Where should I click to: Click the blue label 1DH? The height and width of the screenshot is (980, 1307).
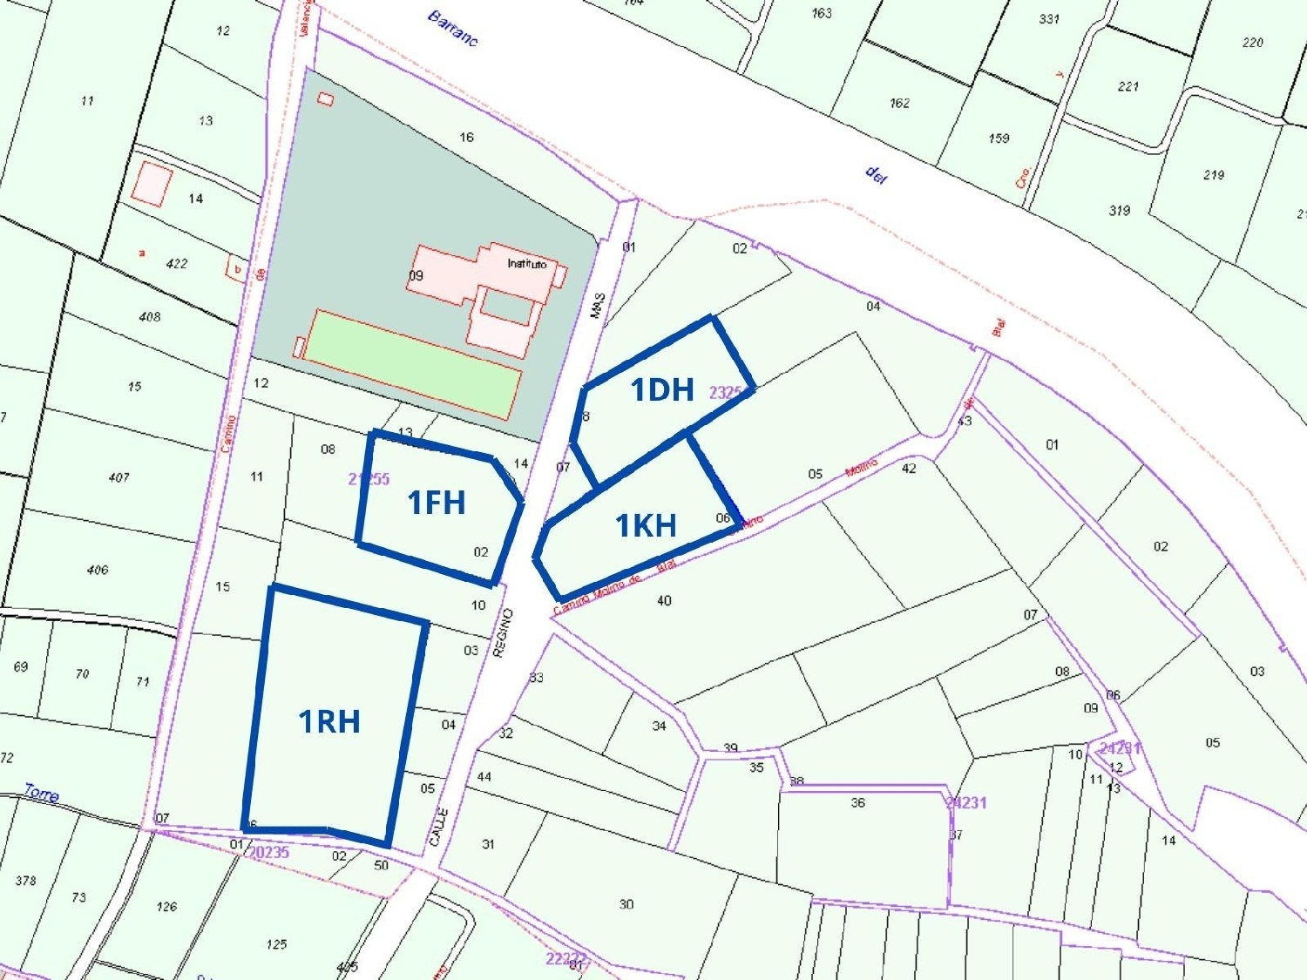(x=661, y=389)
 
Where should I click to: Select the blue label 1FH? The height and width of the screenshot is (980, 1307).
(x=436, y=503)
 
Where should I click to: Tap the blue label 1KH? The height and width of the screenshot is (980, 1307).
(x=646, y=525)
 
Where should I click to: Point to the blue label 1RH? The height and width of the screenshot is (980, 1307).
(x=329, y=721)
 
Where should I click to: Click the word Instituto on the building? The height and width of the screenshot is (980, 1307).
(x=526, y=263)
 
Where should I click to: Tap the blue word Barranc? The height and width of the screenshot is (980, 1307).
(x=453, y=28)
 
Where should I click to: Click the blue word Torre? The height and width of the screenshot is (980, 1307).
(x=41, y=793)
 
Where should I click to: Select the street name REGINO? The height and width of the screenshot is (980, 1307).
(x=503, y=632)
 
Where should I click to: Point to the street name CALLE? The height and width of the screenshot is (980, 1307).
(x=438, y=826)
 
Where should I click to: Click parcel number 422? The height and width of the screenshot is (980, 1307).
(x=176, y=263)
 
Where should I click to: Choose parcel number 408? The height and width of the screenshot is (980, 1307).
(x=150, y=316)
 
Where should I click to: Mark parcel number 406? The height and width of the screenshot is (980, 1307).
(x=98, y=570)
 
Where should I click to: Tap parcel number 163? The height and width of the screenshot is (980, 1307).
(x=821, y=13)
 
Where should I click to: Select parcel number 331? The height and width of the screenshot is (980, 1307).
(x=1049, y=18)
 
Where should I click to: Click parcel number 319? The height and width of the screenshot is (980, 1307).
(x=1120, y=210)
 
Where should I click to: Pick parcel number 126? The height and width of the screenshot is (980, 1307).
(x=166, y=906)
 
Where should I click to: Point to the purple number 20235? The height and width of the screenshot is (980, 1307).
(x=268, y=852)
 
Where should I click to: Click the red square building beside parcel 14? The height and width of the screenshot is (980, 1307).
(x=152, y=184)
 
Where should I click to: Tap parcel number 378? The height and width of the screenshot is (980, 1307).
(x=26, y=880)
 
